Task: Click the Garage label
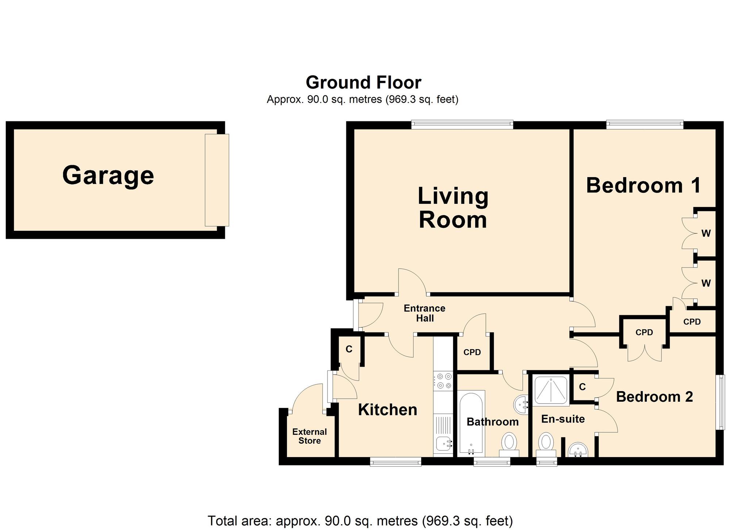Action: [108, 176]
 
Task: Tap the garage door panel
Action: [217, 180]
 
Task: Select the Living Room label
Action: [453, 208]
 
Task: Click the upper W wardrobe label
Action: [706, 233]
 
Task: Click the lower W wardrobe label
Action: [706, 283]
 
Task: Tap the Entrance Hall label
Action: [424, 313]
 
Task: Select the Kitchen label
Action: [387, 410]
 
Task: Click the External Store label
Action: [310, 436]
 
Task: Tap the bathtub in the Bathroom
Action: [471, 423]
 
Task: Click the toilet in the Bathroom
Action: [509, 443]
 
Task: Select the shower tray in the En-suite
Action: [550, 391]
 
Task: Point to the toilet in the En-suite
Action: [546, 443]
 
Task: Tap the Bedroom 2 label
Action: [654, 397]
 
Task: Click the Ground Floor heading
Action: [364, 82]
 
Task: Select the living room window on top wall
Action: [462, 125]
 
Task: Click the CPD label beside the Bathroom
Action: [472, 352]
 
